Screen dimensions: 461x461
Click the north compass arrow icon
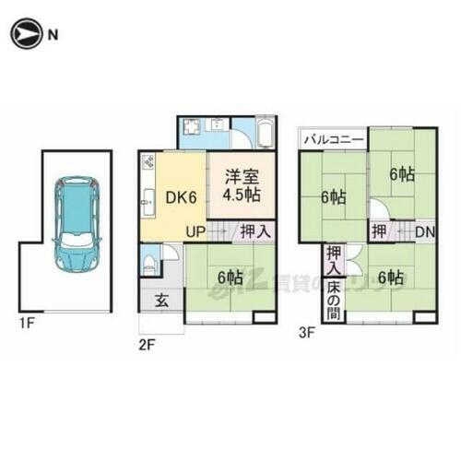pos(25,35)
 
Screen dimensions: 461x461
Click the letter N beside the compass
pos(53,36)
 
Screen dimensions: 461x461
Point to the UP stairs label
pos(195,231)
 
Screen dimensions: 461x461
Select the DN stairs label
pos(425,232)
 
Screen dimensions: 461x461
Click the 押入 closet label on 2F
pos(256,232)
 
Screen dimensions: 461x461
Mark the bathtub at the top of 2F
pos(263,134)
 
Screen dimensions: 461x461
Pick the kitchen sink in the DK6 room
pos(149,196)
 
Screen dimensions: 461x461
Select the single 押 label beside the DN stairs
pos(379,232)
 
